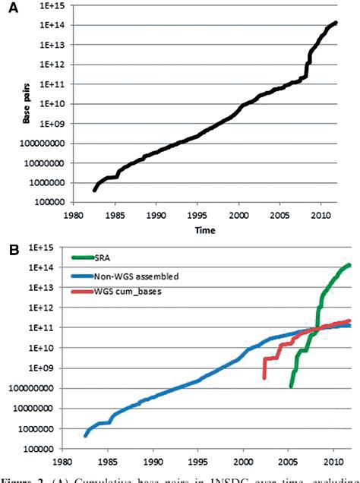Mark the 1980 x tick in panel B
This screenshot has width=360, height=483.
[x=61, y=460]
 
